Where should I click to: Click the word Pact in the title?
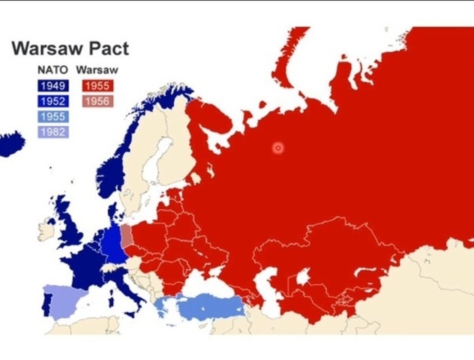(x=105, y=49)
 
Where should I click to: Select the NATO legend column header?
(x=52, y=70)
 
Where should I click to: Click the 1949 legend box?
(x=52, y=85)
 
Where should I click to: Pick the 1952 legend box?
(x=52, y=101)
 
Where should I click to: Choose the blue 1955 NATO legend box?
(x=52, y=117)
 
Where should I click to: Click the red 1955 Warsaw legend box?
(x=97, y=85)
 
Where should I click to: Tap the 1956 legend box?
(x=97, y=101)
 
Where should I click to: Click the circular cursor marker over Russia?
(x=278, y=148)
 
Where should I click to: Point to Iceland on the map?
(x=10, y=143)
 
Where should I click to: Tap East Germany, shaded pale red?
(x=127, y=236)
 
